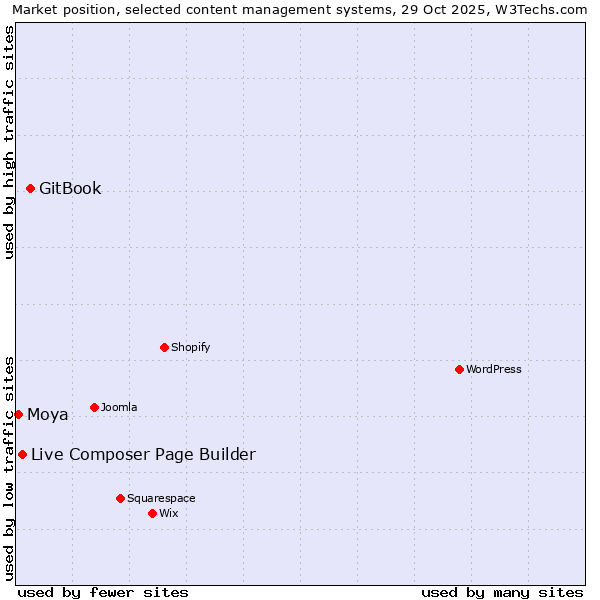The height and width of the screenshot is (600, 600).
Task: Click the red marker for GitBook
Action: (30, 188)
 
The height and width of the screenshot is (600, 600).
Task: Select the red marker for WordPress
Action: (459, 369)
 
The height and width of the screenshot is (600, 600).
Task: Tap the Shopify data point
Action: (164, 347)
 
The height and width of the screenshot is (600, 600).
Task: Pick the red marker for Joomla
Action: (94, 407)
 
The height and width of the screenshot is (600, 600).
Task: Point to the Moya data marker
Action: (18, 414)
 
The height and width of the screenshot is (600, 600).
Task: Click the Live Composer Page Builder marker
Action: (22, 454)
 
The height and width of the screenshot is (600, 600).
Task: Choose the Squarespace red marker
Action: (120, 498)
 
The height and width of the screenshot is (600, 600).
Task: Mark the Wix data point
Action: (152, 513)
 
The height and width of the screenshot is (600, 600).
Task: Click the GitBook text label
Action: (70, 189)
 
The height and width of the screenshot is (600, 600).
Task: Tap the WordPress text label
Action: (494, 369)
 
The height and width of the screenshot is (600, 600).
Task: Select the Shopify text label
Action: (190, 347)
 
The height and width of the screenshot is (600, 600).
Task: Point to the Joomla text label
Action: (119, 407)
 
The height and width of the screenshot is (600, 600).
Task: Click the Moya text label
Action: (48, 415)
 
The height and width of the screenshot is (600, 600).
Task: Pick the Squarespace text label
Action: (161, 498)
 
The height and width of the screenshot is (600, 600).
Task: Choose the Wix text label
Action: (169, 513)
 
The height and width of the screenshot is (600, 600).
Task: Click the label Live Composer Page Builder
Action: (143, 455)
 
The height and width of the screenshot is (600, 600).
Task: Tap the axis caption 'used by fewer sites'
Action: (103, 592)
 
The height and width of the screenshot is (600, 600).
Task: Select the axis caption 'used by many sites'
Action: (502, 592)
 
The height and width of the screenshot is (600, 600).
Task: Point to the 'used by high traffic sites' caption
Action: (10, 142)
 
